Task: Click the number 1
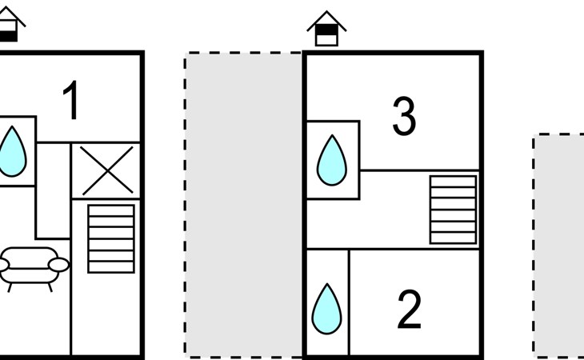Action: tap(72, 102)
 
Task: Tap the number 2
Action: tap(409, 310)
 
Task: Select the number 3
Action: tap(404, 117)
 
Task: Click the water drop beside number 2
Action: tap(326, 308)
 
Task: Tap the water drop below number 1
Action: tap(12, 151)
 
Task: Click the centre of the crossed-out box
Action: tap(106, 170)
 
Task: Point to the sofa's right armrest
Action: tap(58, 265)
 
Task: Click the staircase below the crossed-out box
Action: tap(110, 238)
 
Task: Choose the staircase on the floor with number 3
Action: tap(453, 209)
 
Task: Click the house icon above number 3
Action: tap(326, 29)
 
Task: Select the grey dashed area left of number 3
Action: tap(243, 204)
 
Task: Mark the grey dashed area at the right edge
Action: tap(559, 244)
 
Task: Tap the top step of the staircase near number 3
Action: tap(453, 182)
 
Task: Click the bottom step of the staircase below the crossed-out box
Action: tap(110, 266)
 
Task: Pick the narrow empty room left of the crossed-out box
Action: tap(54, 190)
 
